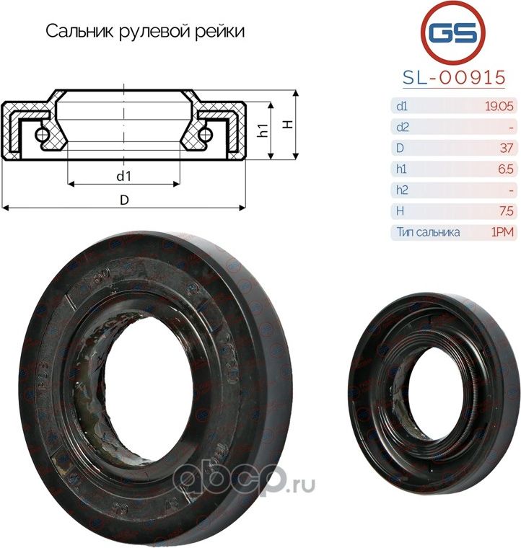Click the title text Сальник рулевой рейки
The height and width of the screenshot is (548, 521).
click(145, 32)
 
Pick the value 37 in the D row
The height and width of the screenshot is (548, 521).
click(506, 149)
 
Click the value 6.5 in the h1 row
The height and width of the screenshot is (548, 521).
click(505, 169)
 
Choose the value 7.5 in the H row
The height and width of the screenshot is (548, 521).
click(505, 211)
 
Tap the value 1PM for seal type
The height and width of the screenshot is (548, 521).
click(503, 232)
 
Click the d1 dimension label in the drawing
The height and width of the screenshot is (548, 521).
click(123, 176)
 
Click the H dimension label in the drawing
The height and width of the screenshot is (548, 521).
click(287, 124)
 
